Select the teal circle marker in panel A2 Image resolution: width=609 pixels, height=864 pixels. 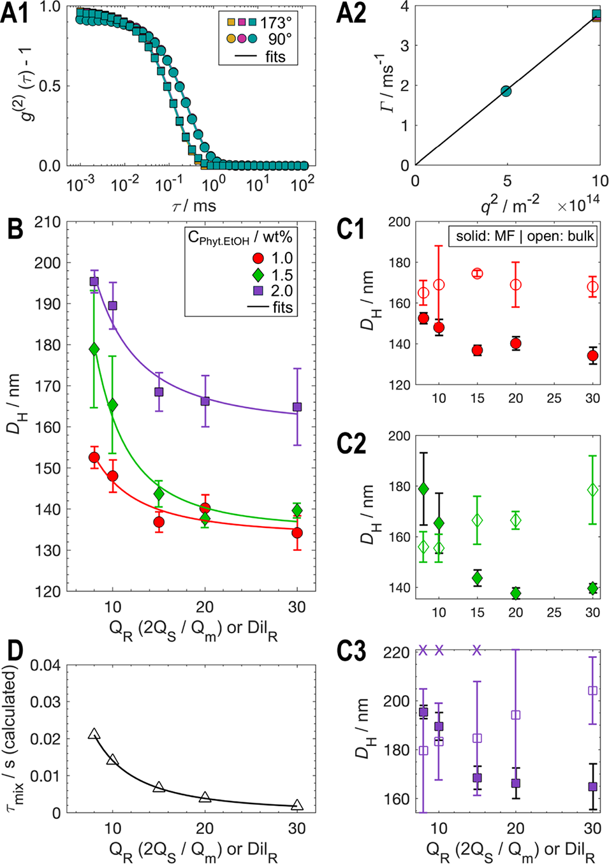(506, 91)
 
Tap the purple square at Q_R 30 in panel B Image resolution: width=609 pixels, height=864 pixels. (297, 407)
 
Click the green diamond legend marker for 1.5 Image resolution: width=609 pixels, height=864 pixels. (258, 275)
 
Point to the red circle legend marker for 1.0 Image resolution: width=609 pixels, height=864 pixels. (258, 258)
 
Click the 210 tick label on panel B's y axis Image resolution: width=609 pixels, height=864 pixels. (48, 222)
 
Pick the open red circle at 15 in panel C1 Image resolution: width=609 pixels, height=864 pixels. (477, 274)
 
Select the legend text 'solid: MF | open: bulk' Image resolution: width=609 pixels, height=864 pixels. (525, 236)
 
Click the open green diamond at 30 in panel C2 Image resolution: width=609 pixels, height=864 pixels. (592, 490)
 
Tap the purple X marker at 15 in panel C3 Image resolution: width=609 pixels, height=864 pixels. (477, 650)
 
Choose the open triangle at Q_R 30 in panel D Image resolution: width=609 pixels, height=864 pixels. (297, 805)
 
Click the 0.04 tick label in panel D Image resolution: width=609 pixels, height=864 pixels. (45, 666)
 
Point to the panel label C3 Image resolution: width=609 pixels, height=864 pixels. (351, 652)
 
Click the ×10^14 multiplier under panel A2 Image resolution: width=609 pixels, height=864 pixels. (578, 205)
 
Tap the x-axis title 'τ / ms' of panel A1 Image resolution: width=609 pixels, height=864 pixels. (194, 206)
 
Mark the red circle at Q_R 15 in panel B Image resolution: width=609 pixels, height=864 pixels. (159, 522)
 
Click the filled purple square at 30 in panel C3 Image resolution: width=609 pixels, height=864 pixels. (592, 787)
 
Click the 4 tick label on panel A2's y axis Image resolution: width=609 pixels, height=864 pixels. (403, 6)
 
